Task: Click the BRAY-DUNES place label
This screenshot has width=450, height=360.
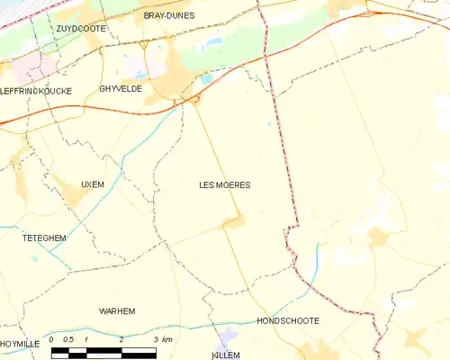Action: tap(170, 15)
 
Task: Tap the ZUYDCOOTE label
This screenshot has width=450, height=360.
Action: tap(80, 29)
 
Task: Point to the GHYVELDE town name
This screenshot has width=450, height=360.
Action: tap(121, 89)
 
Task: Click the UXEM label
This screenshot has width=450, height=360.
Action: tap(93, 184)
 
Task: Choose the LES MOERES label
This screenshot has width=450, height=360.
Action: tap(224, 184)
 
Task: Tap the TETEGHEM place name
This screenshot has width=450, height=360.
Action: tap(44, 238)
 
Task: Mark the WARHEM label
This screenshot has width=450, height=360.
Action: tap(117, 310)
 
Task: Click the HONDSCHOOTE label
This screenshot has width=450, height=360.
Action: tap(288, 320)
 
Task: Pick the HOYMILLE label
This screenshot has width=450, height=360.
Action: tap(19, 344)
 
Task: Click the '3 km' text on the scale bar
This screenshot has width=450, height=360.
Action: tap(162, 339)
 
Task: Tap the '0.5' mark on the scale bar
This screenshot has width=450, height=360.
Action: tap(67, 339)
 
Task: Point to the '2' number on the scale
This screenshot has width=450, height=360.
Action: tap(121, 339)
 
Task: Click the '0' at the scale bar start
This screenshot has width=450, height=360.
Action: tap(52, 339)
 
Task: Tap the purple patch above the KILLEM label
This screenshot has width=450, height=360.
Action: tap(228, 336)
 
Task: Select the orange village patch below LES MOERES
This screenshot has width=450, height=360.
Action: tap(235, 220)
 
